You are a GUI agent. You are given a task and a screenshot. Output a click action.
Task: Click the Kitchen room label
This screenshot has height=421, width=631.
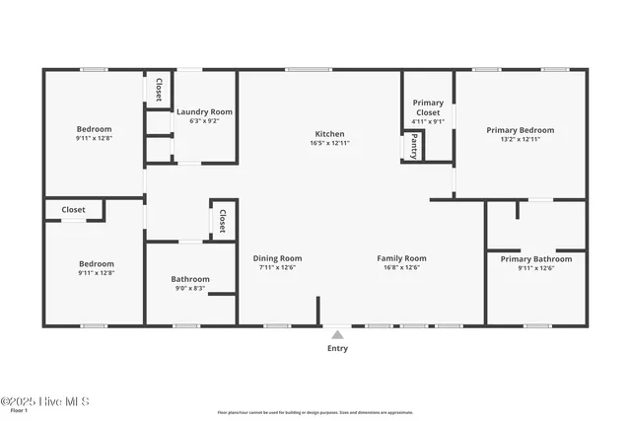coord(329,134)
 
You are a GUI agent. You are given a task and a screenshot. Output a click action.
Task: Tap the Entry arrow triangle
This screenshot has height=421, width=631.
coord(337,334)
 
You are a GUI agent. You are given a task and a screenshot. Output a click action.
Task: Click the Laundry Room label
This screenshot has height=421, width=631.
coord(204,112)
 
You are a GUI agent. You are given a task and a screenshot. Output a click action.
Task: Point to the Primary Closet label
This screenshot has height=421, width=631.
coord(427,107)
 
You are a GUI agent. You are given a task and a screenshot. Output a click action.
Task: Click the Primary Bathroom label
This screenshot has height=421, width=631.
coord(535,259)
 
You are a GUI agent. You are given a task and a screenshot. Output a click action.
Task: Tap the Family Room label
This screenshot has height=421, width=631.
coord(401,258)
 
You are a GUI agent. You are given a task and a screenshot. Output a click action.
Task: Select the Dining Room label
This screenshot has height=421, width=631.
coord(277,258)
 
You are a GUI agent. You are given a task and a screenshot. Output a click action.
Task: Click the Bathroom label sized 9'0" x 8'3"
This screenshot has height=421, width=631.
coord(190,279)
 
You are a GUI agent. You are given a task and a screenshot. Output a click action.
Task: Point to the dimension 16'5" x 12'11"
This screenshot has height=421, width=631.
coord(329,144)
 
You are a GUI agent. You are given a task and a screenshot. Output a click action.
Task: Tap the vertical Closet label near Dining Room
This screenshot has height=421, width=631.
coord(223,220)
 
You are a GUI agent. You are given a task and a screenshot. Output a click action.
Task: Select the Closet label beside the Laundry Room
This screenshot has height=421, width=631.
coord(158,88)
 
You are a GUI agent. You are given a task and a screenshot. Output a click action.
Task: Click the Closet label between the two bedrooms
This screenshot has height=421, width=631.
coord(73,210)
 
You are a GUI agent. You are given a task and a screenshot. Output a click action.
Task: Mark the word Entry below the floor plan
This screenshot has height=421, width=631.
coord(337,348)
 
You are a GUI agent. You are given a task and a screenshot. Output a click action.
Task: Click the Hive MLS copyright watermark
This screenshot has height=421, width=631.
coord(45,401)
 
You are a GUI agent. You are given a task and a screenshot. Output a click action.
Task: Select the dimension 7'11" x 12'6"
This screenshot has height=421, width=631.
coord(277,268)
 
